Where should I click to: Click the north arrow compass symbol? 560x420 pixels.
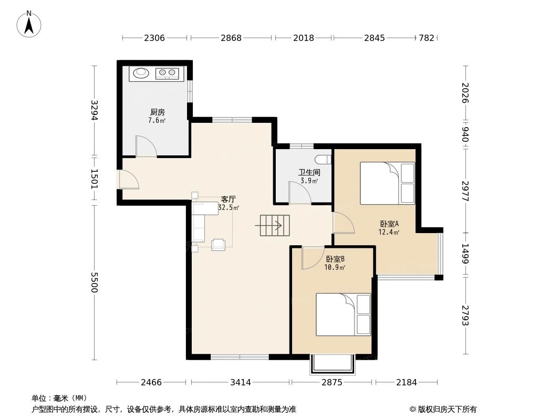[x=29, y=24]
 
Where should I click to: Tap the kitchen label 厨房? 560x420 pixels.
[x=157, y=112]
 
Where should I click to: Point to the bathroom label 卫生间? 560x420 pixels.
[x=309, y=172]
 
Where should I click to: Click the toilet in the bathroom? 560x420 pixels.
[x=323, y=159]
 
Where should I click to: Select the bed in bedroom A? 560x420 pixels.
[x=387, y=183]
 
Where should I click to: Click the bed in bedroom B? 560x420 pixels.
[x=343, y=314]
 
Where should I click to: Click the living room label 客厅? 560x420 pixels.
[x=228, y=199]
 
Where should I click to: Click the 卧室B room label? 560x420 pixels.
[x=335, y=259]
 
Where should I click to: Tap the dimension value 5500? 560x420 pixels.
[x=95, y=282]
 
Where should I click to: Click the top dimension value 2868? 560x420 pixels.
[x=231, y=38]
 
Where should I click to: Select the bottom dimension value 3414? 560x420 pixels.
[x=240, y=382]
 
